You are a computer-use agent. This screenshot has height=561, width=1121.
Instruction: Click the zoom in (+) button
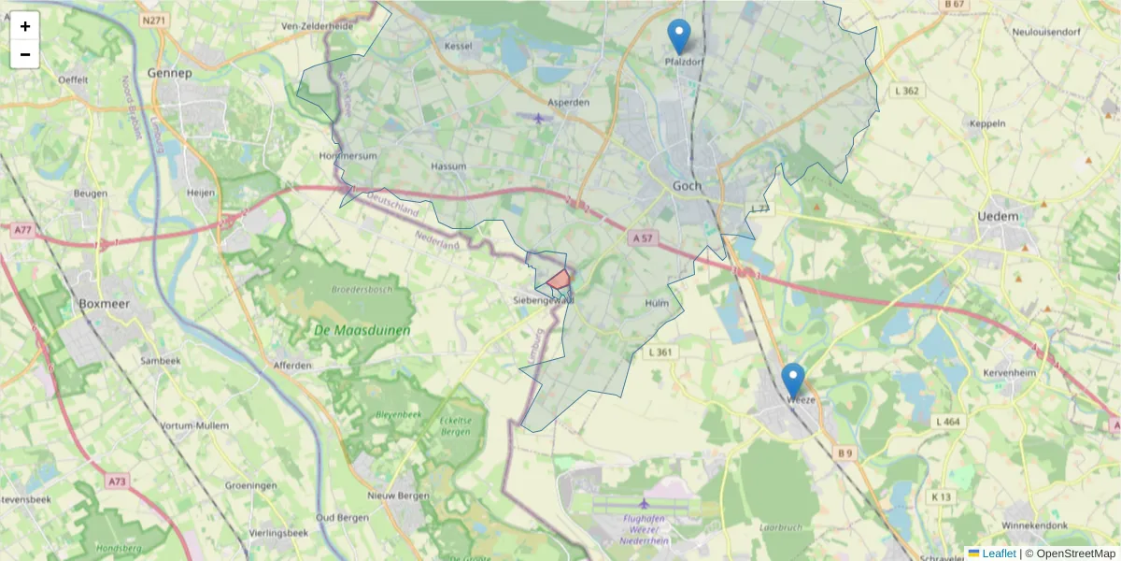25,26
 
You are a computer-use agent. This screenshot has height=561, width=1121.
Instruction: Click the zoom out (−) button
25,54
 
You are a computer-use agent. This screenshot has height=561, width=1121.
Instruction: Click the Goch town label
687,186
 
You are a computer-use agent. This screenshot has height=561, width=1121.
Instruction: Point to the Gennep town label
169,72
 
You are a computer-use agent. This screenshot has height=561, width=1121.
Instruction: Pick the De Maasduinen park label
348,329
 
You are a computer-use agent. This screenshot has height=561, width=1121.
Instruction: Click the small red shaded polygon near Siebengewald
559,279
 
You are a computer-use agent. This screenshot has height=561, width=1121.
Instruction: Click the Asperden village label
568,102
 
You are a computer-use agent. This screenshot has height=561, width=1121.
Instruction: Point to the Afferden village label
292,365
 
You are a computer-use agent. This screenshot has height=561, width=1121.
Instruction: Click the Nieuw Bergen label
398,496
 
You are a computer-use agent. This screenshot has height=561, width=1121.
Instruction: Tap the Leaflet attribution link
999,554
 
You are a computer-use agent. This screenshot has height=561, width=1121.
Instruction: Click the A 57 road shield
640,238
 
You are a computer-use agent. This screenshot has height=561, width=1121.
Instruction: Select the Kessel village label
459,46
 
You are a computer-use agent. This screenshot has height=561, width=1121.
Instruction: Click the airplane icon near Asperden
539,118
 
